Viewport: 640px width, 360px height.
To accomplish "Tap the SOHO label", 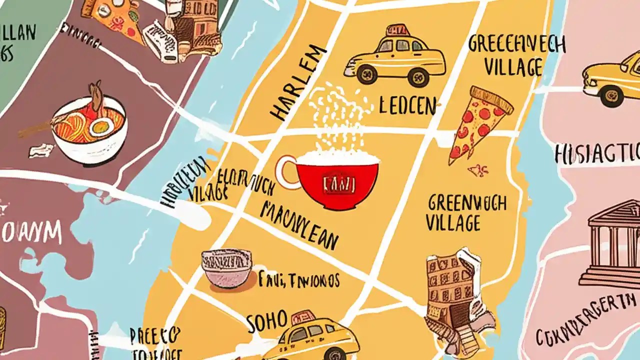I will coord(267,321).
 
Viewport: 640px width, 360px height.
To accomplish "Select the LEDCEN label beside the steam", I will coord(407,105).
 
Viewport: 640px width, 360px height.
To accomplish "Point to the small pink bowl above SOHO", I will coord(226,268).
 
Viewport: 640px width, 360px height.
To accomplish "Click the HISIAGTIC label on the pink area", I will coord(597,152).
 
